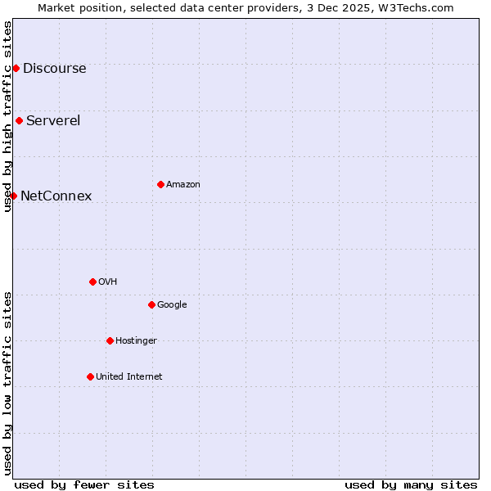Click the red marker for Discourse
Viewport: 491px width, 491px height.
point(16,68)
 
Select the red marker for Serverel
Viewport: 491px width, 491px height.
point(19,120)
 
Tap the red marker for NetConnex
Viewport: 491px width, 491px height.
point(13,196)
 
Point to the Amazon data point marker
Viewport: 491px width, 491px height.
point(160,184)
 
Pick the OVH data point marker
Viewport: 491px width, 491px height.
point(92,282)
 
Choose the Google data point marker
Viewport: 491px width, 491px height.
point(151,304)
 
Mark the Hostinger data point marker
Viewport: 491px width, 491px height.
point(110,340)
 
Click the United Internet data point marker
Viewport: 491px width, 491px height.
point(90,376)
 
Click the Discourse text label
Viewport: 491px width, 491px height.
point(54,69)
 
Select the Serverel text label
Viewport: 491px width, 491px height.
point(53,121)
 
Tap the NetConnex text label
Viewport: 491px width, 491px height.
point(56,196)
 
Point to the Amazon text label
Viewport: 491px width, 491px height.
point(182,185)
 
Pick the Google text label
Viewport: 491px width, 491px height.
point(172,305)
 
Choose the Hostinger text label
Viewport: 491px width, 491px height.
point(136,341)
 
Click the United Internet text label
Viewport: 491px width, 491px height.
point(128,377)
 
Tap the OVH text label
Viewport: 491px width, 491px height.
point(107,282)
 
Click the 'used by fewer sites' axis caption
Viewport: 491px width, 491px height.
point(84,484)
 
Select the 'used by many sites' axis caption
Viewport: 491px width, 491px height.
point(411,484)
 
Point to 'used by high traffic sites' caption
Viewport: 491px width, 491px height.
point(7,116)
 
